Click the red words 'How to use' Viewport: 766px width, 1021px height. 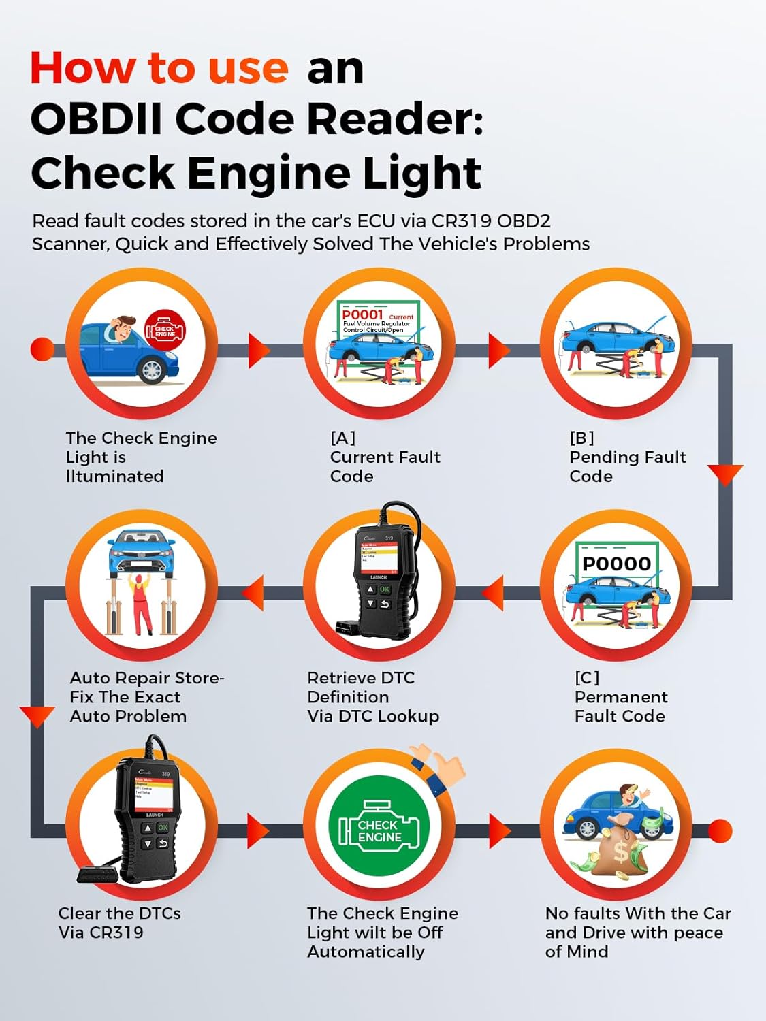[159, 68]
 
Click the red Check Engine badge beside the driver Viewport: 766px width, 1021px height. [164, 330]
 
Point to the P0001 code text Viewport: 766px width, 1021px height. [362, 314]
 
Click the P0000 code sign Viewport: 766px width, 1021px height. [616, 564]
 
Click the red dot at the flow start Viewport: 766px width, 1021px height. [42, 349]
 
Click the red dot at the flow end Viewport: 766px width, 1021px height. [720, 831]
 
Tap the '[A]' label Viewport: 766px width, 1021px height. [342, 438]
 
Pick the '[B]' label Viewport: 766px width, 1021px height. [582, 438]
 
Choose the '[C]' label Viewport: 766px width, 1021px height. [587, 678]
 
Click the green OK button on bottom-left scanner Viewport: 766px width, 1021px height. [163, 828]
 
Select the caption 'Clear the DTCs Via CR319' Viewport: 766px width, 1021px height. [119, 922]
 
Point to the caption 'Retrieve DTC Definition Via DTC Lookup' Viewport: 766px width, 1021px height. [373, 697]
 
